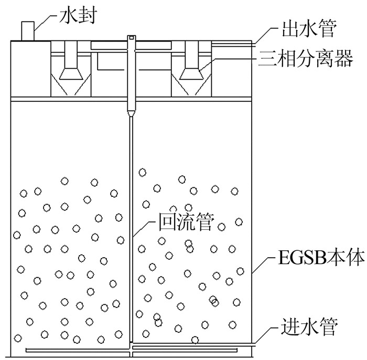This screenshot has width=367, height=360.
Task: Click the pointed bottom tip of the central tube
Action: point(131,114)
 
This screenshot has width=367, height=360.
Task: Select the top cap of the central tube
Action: point(132,38)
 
